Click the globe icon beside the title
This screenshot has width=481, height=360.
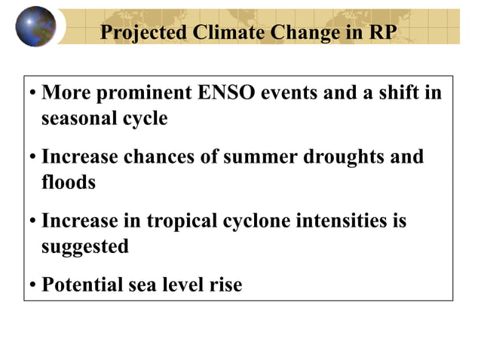tap(35, 26)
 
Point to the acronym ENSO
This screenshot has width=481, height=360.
tap(226, 95)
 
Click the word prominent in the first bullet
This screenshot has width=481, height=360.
tap(143, 95)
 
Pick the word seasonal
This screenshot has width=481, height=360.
tap(79, 118)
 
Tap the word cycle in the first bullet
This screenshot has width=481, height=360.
tap(145, 119)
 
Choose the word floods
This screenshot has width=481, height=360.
tap(68, 182)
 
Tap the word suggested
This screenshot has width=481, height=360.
tap(84, 246)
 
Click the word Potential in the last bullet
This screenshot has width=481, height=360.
tap(80, 285)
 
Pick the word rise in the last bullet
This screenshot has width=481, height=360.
tap(226, 285)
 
